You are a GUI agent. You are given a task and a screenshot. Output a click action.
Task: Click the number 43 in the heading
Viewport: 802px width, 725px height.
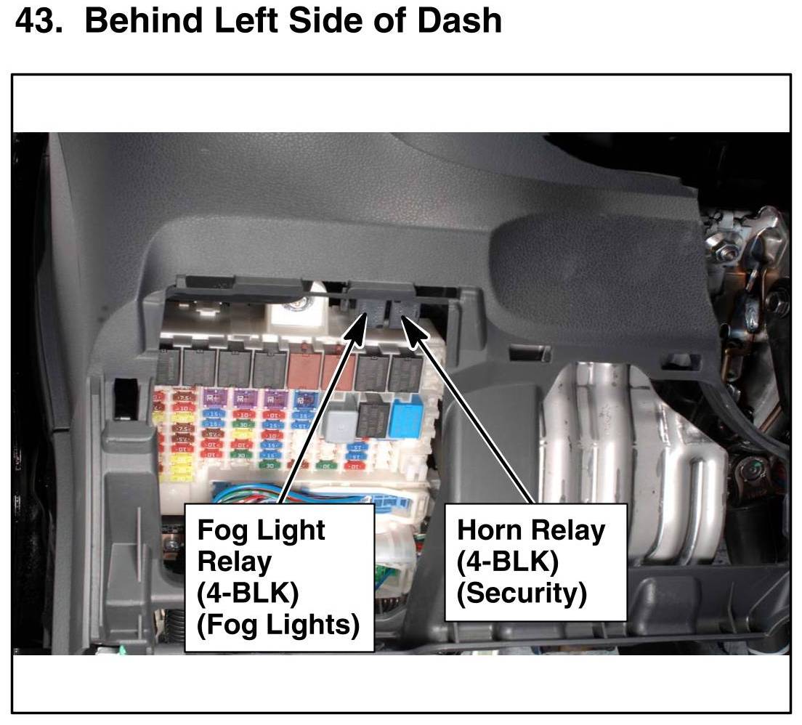pyautogui.click(x=39, y=21)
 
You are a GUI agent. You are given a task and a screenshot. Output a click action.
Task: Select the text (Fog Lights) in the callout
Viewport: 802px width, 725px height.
pyautogui.click(x=278, y=625)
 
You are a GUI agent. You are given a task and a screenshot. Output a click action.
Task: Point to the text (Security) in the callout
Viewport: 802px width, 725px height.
pyautogui.click(x=521, y=594)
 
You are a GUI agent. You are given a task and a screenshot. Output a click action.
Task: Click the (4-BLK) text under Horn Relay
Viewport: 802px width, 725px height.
pyautogui.click(x=507, y=562)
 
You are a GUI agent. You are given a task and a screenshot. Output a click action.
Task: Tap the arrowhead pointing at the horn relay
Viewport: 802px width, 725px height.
pyautogui.click(x=413, y=330)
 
